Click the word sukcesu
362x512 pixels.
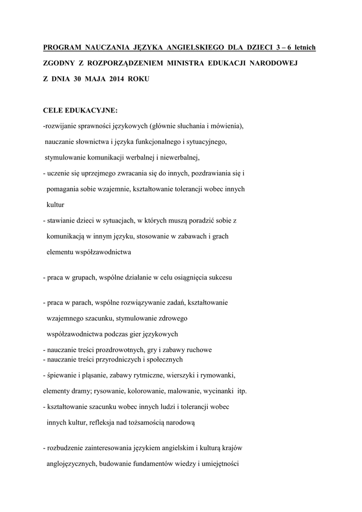coord(217,276)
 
